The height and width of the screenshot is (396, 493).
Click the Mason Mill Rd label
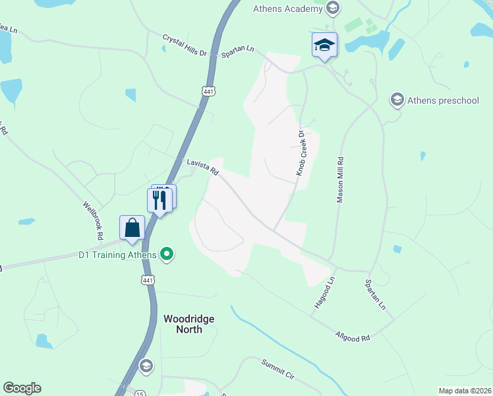[341, 179]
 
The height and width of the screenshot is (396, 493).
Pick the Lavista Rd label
[202, 166]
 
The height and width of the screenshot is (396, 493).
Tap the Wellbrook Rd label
[93, 220]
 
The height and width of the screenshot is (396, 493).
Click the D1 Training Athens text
[117, 255]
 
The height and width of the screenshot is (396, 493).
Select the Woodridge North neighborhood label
[188, 323]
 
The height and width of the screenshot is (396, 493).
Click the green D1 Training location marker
[167, 254]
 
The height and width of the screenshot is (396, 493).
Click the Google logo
[22, 388]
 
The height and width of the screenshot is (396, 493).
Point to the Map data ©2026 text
[465, 391]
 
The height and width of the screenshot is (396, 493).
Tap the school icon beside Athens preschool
[397, 100]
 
